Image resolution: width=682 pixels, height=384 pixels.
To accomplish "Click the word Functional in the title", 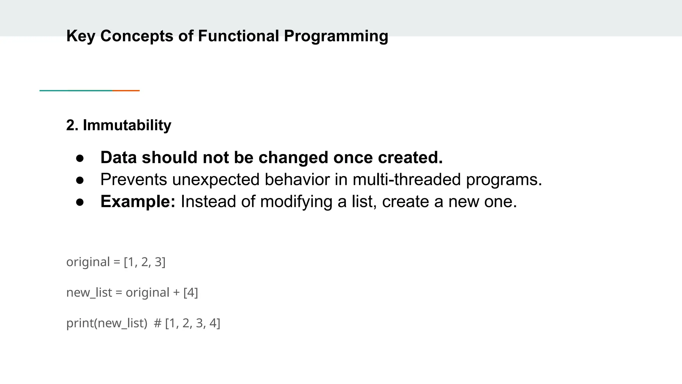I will pos(238,36).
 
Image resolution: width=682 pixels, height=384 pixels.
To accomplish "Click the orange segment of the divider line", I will pos(126,91).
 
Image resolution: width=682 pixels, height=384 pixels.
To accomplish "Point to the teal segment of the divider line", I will pos(76,91).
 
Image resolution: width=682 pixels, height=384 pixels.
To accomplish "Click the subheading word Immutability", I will pos(127,125).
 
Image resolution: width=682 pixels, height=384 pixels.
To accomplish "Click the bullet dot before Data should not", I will pos(80,158).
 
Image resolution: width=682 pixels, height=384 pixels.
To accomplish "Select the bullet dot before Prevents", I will pos(80,180).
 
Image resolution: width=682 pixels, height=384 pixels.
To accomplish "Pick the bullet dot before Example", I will pos(80,202).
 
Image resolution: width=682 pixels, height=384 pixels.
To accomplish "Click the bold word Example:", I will pos(138,201).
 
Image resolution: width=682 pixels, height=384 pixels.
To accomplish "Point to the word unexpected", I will pos(216,179).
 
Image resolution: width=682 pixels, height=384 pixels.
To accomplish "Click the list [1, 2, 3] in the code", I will pos(145,262).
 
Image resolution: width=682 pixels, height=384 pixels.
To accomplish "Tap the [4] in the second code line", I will pos(190,293).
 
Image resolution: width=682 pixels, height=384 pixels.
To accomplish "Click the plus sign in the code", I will pos(176,293).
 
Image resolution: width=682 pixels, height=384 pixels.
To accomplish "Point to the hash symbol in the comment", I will pos(158,323).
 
